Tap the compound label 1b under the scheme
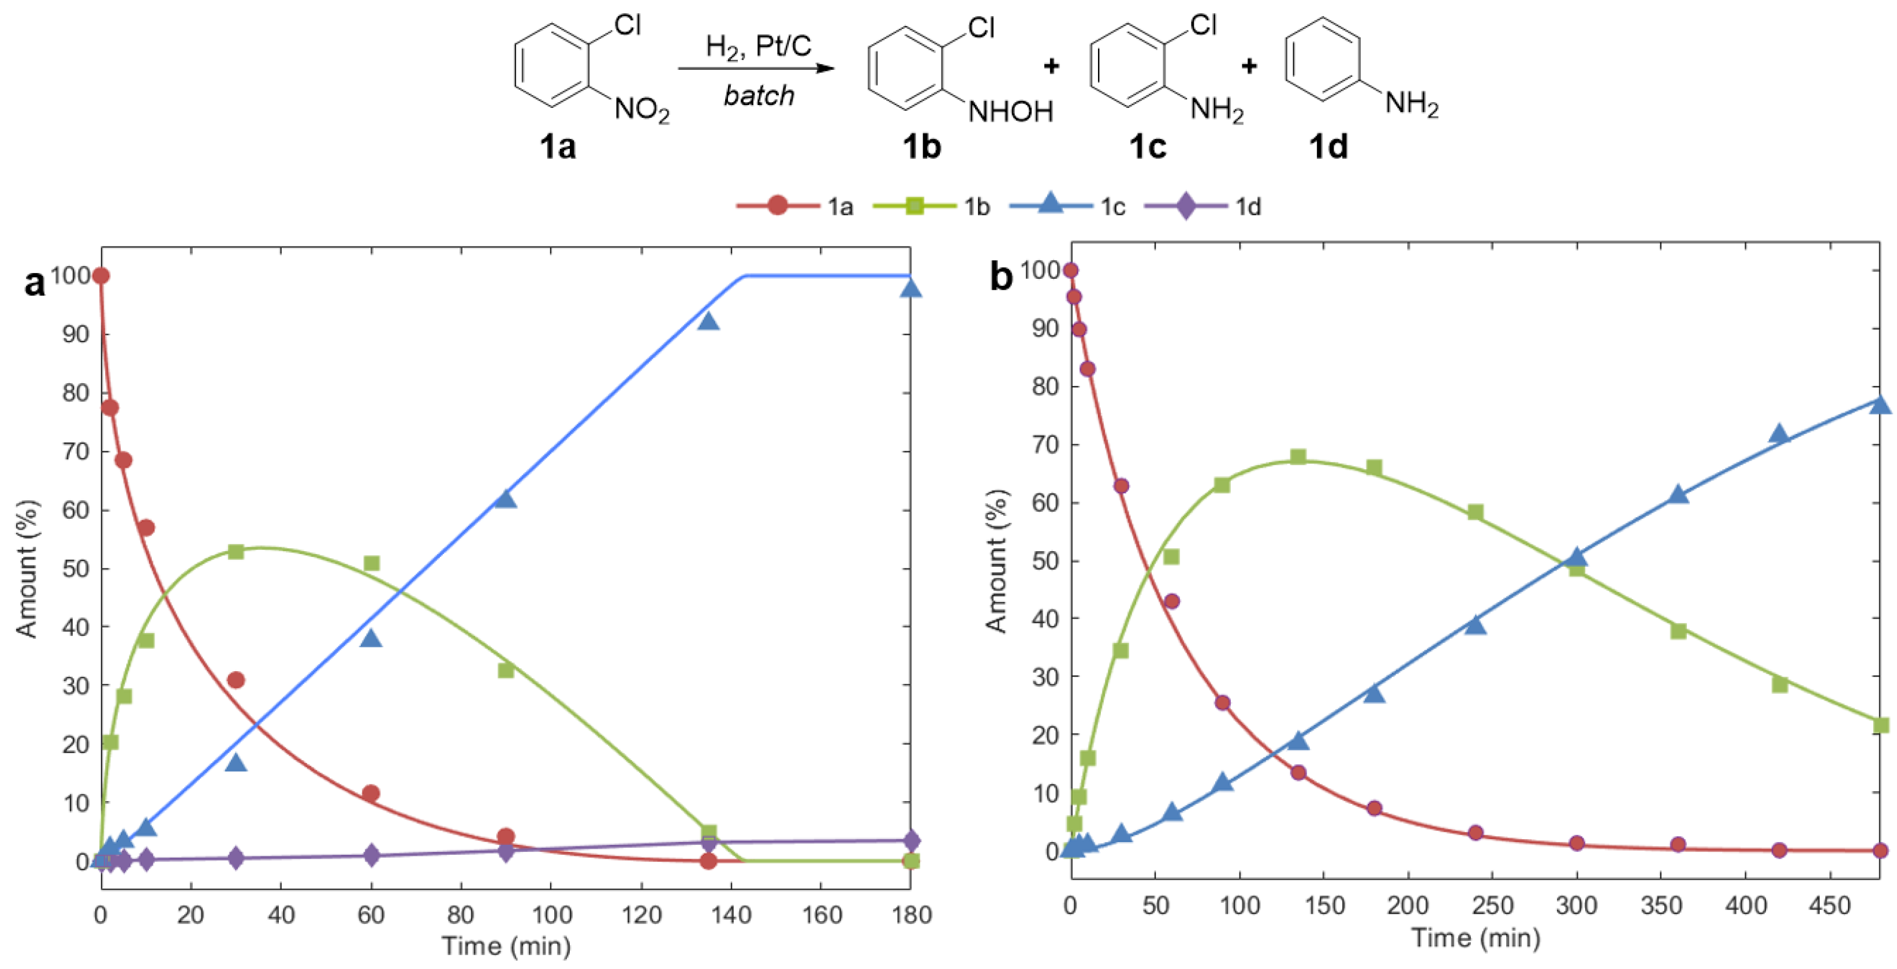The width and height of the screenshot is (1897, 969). (x=921, y=147)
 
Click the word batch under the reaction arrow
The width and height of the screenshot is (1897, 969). (x=759, y=96)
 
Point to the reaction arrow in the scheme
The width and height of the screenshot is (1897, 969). (x=756, y=69)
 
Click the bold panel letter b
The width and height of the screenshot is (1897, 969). (x=1001, y=277)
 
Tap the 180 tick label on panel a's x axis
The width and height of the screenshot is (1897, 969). (x=911, y=915)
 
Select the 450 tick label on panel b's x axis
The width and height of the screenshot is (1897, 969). (x=1829, y=906)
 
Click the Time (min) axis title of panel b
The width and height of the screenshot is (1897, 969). (x=1475, y=938)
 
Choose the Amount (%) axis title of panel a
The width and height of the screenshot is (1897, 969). (x=27, y=569)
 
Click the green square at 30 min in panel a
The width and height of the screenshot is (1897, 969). (x=236, y=552)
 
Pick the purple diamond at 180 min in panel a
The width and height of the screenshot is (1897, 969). (x=911, y=840)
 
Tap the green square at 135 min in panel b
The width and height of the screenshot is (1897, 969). (x=1298, y=457)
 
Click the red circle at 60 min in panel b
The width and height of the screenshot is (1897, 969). (x=1172, y=601)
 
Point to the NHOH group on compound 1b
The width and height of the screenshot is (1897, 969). (x=1010, y=112)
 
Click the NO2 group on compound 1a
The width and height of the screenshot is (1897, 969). (x=641, y=110)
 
